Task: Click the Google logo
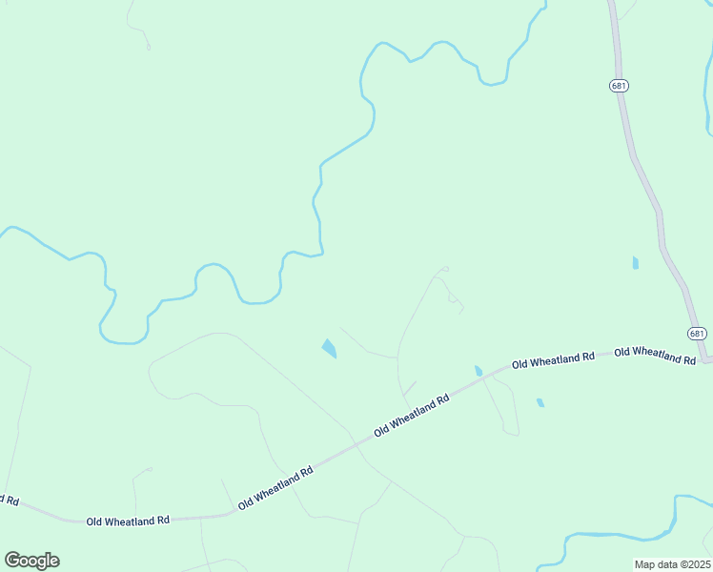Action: tap(31, 561)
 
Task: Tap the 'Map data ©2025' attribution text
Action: tap(673, 564)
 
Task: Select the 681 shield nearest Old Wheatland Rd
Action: tap(697, 333)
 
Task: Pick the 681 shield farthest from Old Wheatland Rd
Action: tap(619, 86)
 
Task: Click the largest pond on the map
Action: tap(329, 349)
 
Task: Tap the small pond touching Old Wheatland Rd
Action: tap(479, 370)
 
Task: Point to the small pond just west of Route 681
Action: tap(635, 262)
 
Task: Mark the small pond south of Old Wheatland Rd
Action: tap(540, 402)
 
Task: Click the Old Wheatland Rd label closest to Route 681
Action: tap(654, 355)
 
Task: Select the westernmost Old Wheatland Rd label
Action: tap(128, 521)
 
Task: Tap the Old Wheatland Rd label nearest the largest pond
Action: tap(411, 416)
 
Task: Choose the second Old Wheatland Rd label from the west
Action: tap(275, 487)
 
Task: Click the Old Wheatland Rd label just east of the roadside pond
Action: tap(553, 360)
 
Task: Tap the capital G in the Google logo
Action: tap(12, 560)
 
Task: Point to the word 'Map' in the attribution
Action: tap(645, 564)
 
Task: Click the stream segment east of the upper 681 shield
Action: tap(707, 105)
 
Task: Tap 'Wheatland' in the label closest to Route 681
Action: tap(657, 355)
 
